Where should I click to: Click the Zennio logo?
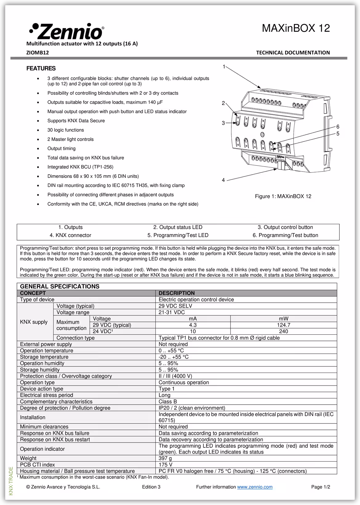66,31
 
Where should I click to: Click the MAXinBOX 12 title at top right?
296,28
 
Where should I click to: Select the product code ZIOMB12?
38,53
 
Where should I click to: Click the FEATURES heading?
41,68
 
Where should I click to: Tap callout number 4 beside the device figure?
223,180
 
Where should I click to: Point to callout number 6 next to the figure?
338,127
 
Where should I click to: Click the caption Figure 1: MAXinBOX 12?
283,196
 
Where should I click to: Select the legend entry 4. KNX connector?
70,235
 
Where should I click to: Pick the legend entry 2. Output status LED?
178,227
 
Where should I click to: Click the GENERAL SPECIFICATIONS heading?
60,286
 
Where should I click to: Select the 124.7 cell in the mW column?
283,325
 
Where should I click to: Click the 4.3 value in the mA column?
193,325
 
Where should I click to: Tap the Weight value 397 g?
165,459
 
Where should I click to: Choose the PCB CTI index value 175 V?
166,465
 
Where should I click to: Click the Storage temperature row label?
44,357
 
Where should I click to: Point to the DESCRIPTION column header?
177,293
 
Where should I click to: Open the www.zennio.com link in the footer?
255,487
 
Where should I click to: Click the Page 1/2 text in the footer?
321,487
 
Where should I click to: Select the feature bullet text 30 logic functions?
66,130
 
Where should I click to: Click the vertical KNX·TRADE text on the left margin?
11,481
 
